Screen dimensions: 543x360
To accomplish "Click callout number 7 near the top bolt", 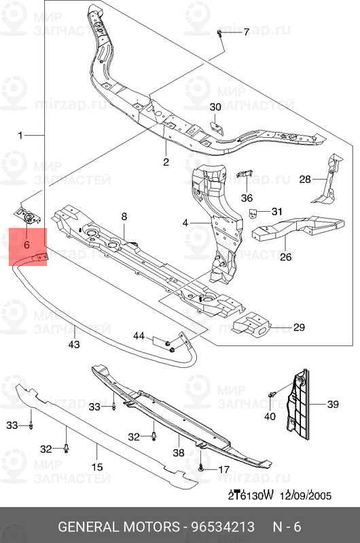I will tap(246, 33).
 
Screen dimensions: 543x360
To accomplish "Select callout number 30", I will tap(215, 107).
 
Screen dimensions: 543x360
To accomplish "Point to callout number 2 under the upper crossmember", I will tap(165, 162).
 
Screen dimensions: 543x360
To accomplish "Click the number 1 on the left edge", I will tap(20, 135).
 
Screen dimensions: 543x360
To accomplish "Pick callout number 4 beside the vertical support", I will tap(185, 222).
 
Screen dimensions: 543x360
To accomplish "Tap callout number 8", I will tap(124, 217).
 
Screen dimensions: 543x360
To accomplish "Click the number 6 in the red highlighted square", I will tap(26, 243).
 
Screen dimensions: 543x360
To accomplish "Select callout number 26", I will tap(285, 257).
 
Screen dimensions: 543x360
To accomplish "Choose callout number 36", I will tap(246, 198).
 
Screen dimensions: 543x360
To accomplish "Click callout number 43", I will tap(74, 345).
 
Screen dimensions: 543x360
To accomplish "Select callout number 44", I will tap(139, 336).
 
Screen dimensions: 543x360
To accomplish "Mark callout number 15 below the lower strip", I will tap(97, 467).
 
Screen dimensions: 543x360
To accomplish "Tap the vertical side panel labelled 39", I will tap(300, 405).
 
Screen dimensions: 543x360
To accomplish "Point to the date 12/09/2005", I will tap(307, 495).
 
